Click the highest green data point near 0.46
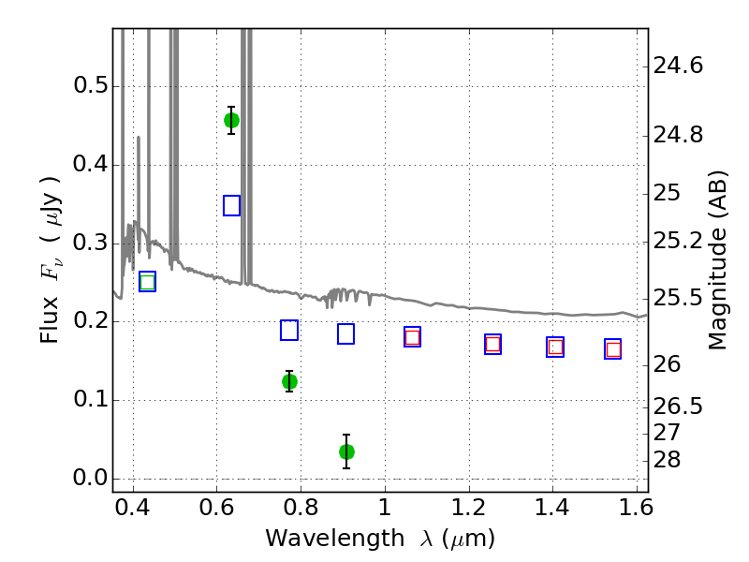pyautogui.click(x=231, y=120)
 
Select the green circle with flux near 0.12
pyautogui.click(x=289, y=381)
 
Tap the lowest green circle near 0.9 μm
pyautogui.click(x=346, y=451)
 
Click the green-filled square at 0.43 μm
pyautogui.click(x=147, y=282)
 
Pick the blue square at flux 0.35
pyautogui.click(x=232, y=205)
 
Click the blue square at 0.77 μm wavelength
pyautogui.click(x=289, y=330)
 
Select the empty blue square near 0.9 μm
pyautogui.click(x=345, y=333)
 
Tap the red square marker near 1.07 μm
pyautogui.click(x=412, y=337)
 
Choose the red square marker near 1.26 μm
pyautogui.click(x=492, y=344)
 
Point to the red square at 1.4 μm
pyautogui.click(x=555, y=347)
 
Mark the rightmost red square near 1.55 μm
pyautogui.click(x=613, y=349)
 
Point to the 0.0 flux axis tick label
pyautogui.click(x=90, y=479)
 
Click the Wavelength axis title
pyautogui.click(x=379, y=539)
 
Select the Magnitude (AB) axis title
pyautogui.click(x=718, y=260)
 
